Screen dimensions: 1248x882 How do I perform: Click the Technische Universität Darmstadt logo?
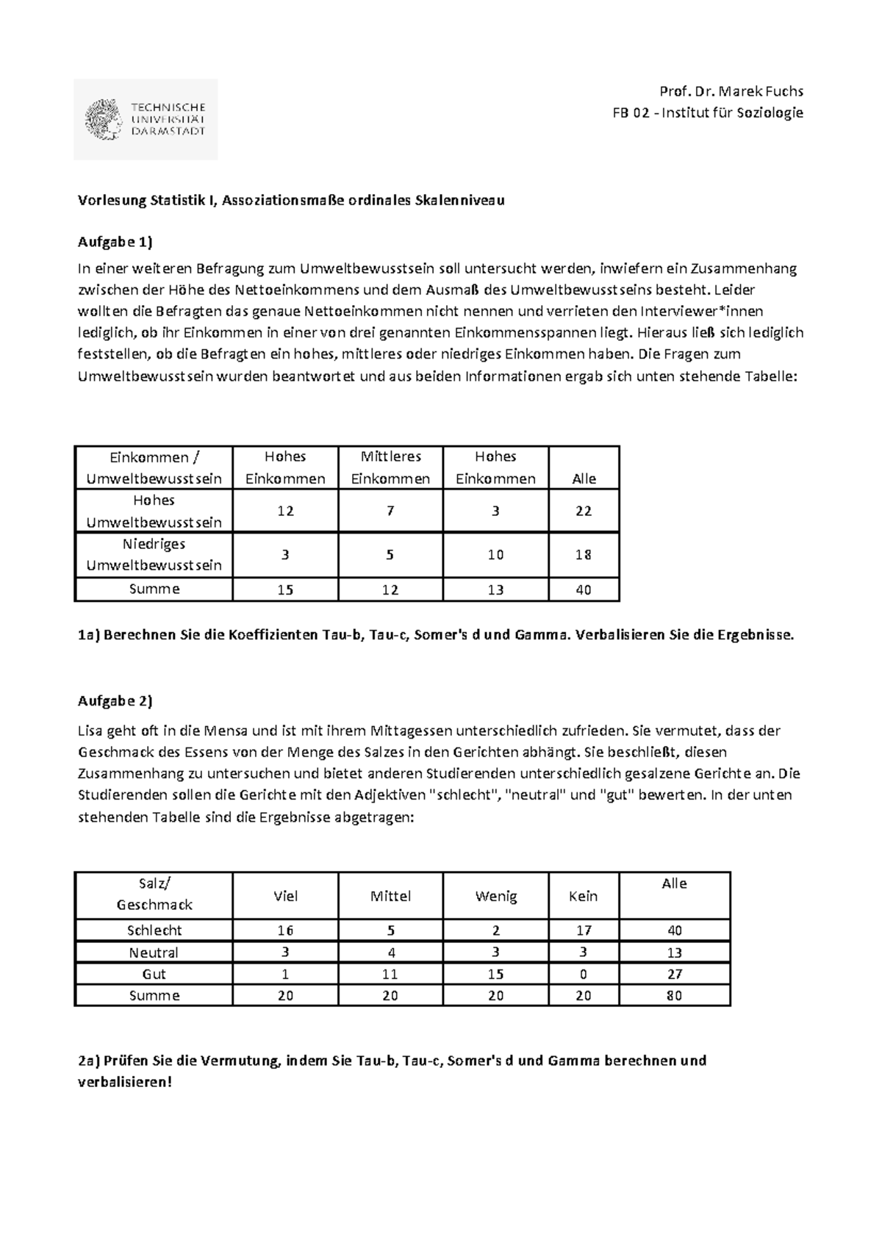point(146,119)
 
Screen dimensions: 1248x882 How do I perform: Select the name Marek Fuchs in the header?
point(761,92)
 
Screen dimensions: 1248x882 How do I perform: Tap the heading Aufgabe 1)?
point(115,243)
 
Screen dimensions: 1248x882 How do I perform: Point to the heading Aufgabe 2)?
point(115,701)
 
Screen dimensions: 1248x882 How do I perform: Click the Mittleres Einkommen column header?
point(390,467)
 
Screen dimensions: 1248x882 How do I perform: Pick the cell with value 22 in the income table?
point(584,511)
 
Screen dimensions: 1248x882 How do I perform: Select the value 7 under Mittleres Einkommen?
point(390,511)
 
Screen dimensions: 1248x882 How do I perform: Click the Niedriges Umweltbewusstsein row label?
point(154,555)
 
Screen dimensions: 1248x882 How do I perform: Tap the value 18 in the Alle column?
point(584,555)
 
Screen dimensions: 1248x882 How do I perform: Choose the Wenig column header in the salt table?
point(496,897)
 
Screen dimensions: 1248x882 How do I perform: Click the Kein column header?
point(584,897)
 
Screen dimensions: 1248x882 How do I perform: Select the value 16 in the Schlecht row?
point(285,930)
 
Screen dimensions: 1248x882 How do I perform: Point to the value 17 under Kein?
point(584,930)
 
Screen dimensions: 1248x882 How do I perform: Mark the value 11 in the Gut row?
point(390,975)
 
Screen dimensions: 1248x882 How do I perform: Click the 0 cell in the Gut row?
point(584,975)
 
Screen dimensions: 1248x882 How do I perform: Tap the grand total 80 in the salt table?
point(674,996)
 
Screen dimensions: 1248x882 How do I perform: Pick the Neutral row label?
point(154,953)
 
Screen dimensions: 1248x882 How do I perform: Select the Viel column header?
point(285,897)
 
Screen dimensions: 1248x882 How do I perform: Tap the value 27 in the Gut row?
point(674,975)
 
